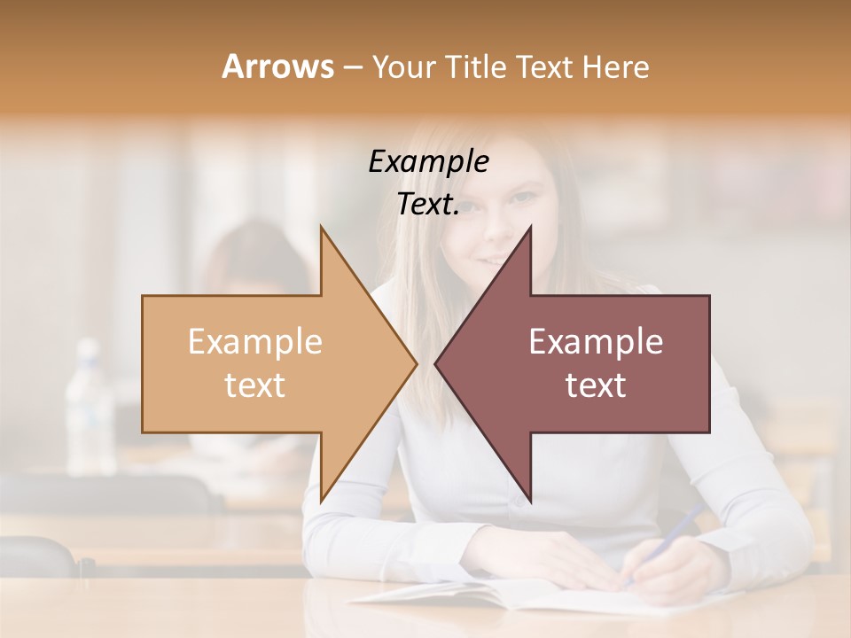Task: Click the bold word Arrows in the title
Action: pyautogui.click(x=278, y=66)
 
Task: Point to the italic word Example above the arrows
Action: pyautogui.click(x=428, y=161)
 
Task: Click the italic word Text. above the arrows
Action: pyautogui.click(x=428, y=205)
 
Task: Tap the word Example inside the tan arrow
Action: pyautogui.click(x=255, y=341)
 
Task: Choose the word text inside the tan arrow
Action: pyautogui.click(x=255, y=385)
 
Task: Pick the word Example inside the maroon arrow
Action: pyautogui.click(x=596, y=341)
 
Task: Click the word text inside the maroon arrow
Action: pyautogui.click(x=596, y=385)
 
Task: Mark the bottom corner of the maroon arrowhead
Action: pyautogui.click(x=529, y=499)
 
